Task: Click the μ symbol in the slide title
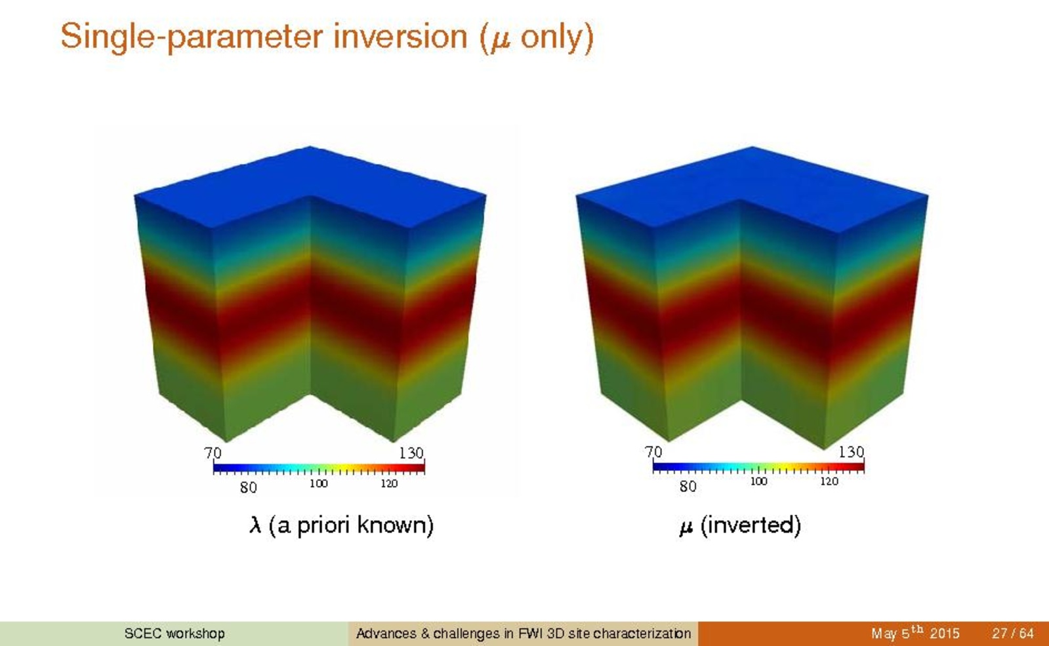(x=500, y=40)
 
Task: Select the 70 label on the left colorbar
(x=213, y=453)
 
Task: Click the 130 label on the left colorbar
(x=411, y=453)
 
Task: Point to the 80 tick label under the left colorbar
(x=248, y=488)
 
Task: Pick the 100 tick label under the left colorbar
(x=318, y=483)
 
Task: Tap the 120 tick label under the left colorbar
(x=388, y=483)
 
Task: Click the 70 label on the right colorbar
(x=653, y=452)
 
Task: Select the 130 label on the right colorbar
(x=851, y=452)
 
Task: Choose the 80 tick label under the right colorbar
(x=688, y=487)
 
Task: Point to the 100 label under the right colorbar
(x=758, y=481)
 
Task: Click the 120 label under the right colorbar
(x=829, y=481)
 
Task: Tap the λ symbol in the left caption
(x=255, y=525)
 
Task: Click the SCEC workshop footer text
(x=175, y=634)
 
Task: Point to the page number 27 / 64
(x=1012, y=634)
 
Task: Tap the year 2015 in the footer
(x=945, y=634)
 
